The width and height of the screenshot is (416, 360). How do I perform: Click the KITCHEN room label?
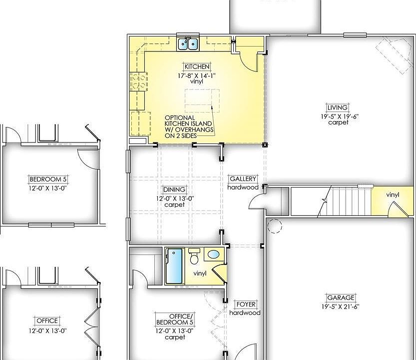(197, 66)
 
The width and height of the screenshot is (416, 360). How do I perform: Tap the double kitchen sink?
(188, 43)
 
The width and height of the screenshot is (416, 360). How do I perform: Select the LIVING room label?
(338, 107)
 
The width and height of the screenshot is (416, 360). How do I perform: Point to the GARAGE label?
(341, 297)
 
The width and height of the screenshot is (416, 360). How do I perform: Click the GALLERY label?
(243, 179)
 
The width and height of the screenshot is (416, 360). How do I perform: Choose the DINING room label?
(174, 189)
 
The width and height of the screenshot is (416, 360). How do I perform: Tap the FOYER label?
(246, 304)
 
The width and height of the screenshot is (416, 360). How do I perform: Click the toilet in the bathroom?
(194, 256)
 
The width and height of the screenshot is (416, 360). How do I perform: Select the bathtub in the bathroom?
(174, 266)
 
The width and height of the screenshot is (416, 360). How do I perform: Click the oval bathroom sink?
(214, 254)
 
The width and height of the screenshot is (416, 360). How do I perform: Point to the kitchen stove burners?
(139, 81)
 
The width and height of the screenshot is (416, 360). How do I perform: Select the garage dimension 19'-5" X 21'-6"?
(341, 306)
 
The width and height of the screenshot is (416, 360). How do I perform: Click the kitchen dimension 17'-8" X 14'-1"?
(197, 75)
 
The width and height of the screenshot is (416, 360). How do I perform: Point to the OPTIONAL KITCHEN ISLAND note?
(189, 126)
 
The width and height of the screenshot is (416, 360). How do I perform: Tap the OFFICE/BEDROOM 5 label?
(175, 319)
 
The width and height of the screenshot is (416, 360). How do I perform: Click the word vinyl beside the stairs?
(393, 194)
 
